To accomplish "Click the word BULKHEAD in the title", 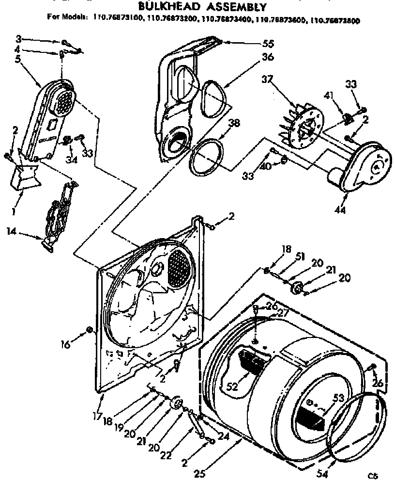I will tap(164, 7).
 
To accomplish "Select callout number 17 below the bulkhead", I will tap(97, 415).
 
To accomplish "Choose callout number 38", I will tap(234, 124).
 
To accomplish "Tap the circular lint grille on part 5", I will tap(62, 102).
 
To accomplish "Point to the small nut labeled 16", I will tap(89, 331).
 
